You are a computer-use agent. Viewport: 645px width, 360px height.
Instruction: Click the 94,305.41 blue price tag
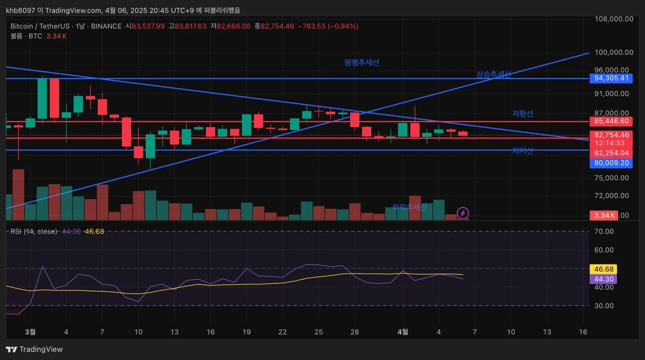611,78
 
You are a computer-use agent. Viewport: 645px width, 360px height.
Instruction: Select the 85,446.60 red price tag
611,121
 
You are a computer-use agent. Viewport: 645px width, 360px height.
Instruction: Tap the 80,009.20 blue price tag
611,163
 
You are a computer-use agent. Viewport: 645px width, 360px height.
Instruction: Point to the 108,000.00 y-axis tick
614,19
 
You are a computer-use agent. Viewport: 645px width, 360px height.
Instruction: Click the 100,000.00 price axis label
614,52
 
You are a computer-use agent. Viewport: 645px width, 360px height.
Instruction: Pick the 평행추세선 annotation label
361,63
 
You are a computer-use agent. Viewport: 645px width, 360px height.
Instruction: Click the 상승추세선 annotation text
493,75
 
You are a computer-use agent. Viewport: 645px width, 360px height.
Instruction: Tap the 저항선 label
522,114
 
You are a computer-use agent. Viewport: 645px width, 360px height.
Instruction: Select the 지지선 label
522,151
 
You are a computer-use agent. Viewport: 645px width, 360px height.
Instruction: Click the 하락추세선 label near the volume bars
409,207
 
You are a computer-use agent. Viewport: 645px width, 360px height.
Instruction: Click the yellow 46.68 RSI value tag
603,269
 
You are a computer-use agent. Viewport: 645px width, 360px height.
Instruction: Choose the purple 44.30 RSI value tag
603,279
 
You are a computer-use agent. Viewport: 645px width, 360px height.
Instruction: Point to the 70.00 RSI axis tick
603,231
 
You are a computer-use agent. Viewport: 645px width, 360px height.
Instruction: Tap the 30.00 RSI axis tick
603,306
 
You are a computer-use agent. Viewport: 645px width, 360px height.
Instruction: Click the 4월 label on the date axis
403,332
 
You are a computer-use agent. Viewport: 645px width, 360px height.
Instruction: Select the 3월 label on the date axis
30,332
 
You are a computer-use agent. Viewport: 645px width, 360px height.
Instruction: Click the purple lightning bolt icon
463,213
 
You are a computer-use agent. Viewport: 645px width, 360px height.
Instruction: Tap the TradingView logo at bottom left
34,349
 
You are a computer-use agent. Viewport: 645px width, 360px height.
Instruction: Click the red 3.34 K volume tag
603,215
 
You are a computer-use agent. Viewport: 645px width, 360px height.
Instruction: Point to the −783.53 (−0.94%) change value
328,26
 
